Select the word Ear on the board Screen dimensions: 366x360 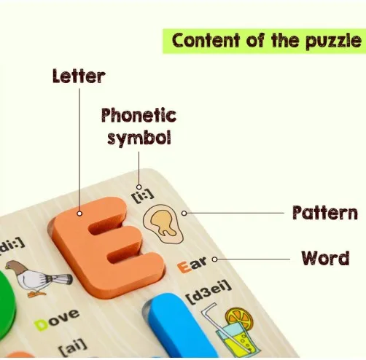coord(192,265)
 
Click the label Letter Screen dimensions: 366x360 coord(79,77)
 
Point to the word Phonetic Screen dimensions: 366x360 coord(139,115)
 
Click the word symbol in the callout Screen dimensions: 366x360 coord(139,138)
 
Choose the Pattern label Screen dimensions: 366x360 coord(325,213)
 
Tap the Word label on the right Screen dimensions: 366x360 coord(325,258)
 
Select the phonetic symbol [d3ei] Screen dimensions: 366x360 coord(209,291)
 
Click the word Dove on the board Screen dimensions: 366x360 coord(57,320)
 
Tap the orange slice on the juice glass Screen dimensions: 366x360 coord(239,318)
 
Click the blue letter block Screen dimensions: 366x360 coord(180,326)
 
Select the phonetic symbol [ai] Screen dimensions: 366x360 coord(73,347)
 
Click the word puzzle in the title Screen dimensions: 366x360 coord(333,42)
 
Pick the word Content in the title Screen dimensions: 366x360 coord(206,40)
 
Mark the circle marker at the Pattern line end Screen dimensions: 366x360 coord(184,214)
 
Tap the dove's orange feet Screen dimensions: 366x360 coord(36,294)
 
